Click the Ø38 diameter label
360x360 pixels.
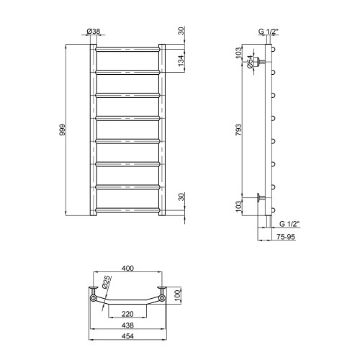(x=94, y=31)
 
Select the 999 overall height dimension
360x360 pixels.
(x=63, y=130)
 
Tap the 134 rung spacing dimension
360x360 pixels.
(x=181, y=60)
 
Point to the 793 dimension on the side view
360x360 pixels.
(x=238, y=130)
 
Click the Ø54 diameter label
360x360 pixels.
(x=250, y=62)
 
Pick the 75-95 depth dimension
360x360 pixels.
(x=285, y=237)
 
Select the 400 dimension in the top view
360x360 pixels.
(x=127, y=268)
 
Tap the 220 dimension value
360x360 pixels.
(x=127, y=314)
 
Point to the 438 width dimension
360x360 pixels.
(x=127, y=325)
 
